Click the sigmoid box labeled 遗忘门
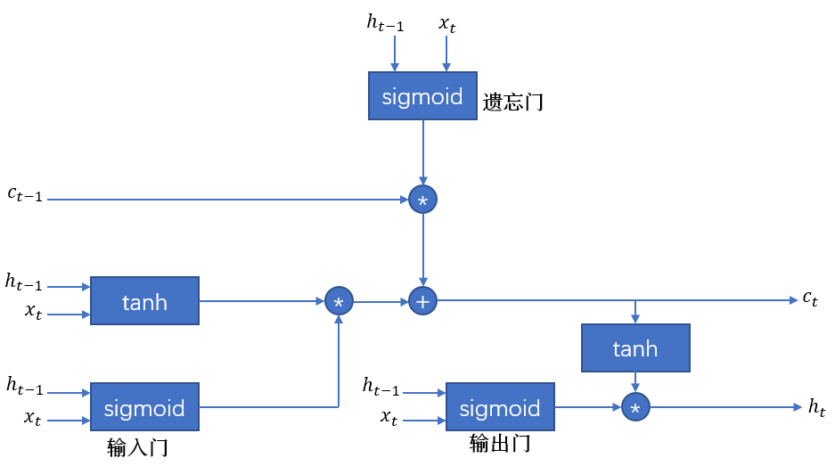point(422,96)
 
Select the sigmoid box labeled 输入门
point(144,408)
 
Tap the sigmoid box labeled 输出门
point(500,408)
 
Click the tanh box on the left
point(144,301)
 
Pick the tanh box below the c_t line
point(635,347)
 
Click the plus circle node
point(422,301)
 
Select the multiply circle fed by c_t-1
point(422,200)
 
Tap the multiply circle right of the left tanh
point(339,301)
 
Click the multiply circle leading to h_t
point(635,407)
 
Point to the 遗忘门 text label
point(513,102)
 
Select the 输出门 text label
point(500,443)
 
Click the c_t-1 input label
point(24,194)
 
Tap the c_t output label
point(810,298)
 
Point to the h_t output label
point(816,407)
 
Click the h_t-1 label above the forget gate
point(385,23)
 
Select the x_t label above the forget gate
point(446,23)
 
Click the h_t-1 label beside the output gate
point(381,386)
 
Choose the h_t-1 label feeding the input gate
point(25,385)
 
